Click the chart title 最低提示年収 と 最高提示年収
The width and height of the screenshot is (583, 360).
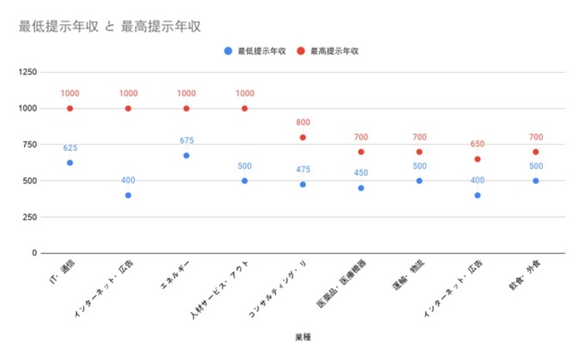(110, 27)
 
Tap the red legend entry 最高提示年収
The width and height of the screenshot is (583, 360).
(329, 51)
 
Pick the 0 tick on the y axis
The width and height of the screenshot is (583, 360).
(34, 253)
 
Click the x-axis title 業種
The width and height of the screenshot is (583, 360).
(302, 337)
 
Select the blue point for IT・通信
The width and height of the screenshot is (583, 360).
(70, 163)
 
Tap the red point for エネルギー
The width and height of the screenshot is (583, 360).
(187, 109)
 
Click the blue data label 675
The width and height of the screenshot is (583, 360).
(187, 141)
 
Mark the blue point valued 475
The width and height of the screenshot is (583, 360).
(302, 184)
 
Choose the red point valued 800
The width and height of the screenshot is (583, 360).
(302, 137)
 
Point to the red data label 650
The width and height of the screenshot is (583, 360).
(477, 144)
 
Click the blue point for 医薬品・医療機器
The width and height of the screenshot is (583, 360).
(361, 188)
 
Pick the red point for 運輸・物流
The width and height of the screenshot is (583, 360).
(419, 152)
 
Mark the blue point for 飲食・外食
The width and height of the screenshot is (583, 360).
(536, 181)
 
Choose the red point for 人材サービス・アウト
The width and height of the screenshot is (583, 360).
(245, 109)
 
